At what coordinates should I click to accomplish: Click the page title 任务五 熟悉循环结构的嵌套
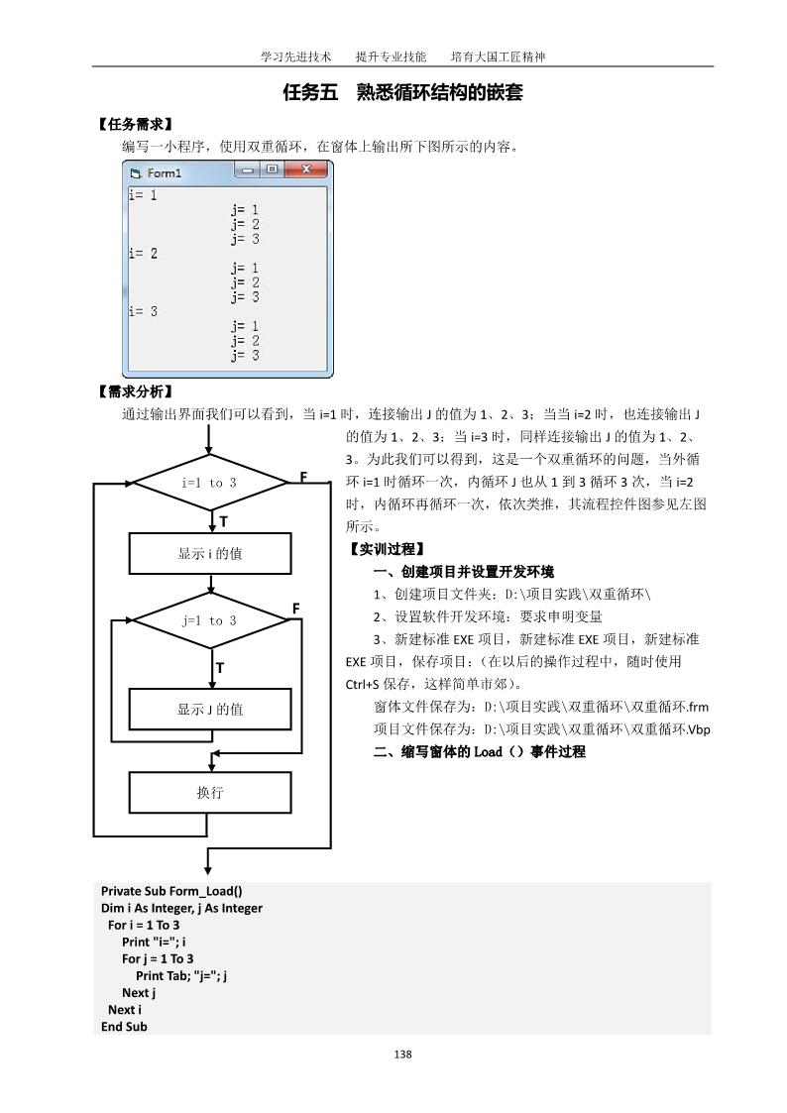[402, 93]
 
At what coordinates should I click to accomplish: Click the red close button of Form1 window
[307, 170]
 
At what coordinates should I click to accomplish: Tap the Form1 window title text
[165, 173]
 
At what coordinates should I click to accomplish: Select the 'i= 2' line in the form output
[144, 254]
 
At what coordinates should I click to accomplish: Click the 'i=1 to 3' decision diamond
[209, 483]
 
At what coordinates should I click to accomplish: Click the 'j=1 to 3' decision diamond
[209, 621]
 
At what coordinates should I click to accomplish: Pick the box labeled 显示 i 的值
[210, 554]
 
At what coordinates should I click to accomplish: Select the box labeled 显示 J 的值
[210, 710]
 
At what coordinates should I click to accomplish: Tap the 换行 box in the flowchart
[210, 793]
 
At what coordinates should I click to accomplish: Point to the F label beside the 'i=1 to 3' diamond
[303, 478]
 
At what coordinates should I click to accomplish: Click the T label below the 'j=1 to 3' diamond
[220, 668]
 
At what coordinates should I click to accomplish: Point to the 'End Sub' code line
[124, 1027]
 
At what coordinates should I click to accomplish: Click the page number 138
[402, 1054]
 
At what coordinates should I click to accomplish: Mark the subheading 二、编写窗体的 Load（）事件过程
[479, 752]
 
